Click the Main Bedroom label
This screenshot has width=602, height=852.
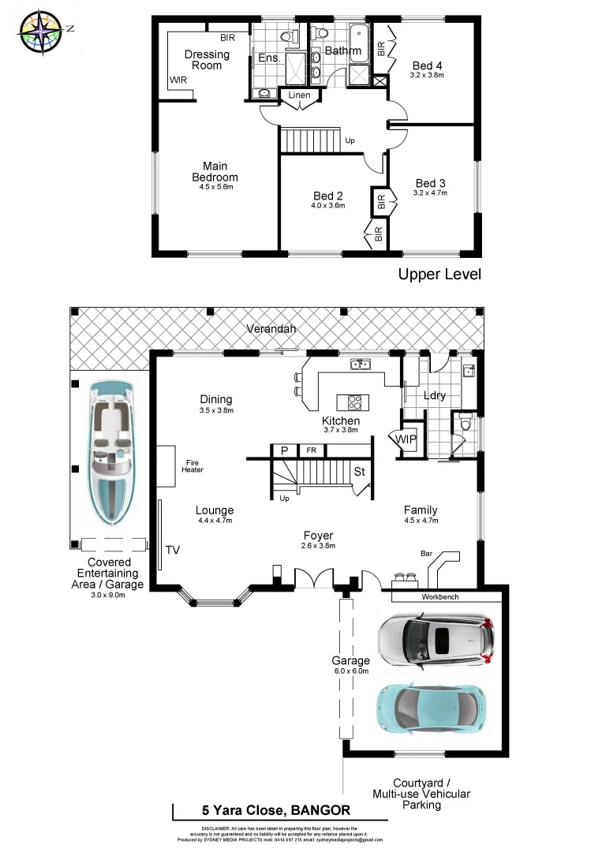(x=215, y=172)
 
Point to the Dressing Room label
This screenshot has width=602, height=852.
(x=207, y=60)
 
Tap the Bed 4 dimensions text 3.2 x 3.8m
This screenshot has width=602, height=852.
(x=428, y=76)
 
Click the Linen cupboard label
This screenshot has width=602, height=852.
(x=300, y=95)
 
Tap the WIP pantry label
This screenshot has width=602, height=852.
(x=406, y=439)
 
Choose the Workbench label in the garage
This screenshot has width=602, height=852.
(x=440, y=597)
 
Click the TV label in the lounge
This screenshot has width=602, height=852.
(x=171, y=550)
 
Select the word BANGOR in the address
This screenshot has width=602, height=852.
(x=320, y=810)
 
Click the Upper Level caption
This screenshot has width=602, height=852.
(x=439, y=275)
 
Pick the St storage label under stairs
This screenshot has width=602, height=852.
(x=359, y=472)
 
